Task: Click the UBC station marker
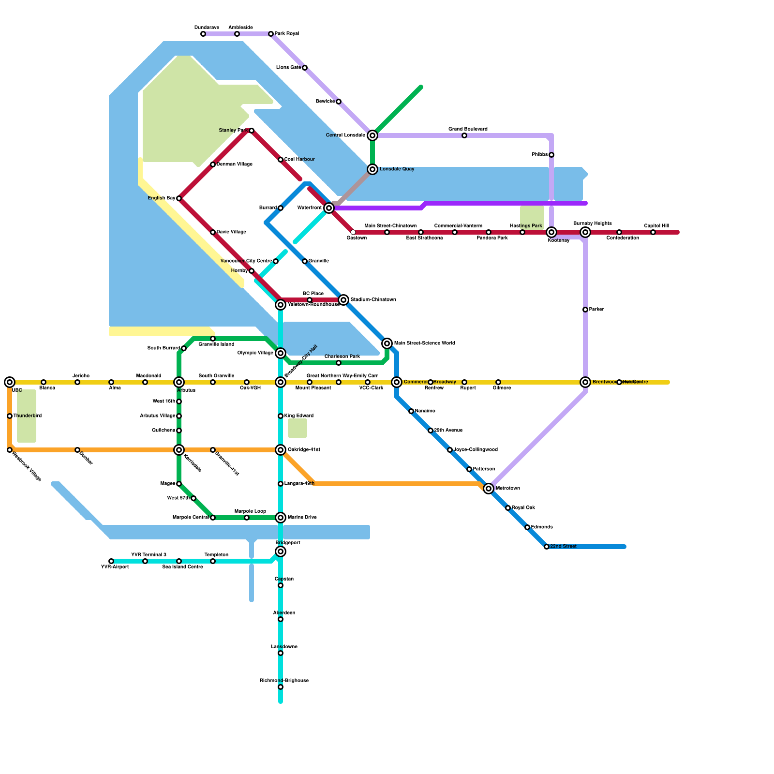tap(10, 382)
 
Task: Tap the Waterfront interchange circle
tap(329, 208)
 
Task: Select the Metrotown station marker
tap(489, 489)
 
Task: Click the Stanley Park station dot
tap(252, 131)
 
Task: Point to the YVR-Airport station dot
tap(111, 561)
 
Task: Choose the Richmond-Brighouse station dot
tap(281, 687)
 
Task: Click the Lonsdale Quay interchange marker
tap(372, 169)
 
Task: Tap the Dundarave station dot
tap(203, 34)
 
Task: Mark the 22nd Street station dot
tap(547, 547)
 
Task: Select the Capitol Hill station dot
tap(653, 232)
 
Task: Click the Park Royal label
tap(287, 34)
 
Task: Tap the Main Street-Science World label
tap(425, 343)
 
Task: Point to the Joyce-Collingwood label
tap(476, 450)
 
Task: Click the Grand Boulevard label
tap(468, 129)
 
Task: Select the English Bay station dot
tap(179, 198)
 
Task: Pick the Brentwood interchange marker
tap(585, 382)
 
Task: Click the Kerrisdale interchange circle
tap(179, 450)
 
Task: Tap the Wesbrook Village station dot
tap(10, 450)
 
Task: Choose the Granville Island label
tap(216, 344)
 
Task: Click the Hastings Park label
tap(526, 226)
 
